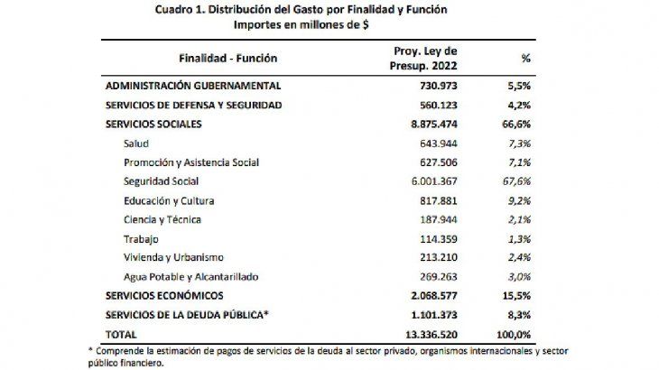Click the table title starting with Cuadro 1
(x=301, y=9)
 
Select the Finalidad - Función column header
(x=228, y=58)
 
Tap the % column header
(x=525, y=58)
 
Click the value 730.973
(x=439, y=86)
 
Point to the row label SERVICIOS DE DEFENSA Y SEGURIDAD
(x=194, y=105)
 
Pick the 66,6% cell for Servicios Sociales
(x=516, y=125)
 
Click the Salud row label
(x=136, y=143)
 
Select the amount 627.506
(x=439, y=162)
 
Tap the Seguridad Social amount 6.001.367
(x=434, y=181)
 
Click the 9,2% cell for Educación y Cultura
(x=519, y=200)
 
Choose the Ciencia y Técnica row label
(x=162, y=219)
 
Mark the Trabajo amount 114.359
(x=439, y=239)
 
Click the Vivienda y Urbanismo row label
(x=173, y=257)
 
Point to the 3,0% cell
(x=519, y=277)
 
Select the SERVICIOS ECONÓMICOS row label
(x=164, y=296)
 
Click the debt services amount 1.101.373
(x=434, y=315)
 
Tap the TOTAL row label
(x=121, y=335)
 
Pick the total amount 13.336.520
(x=432, y=335)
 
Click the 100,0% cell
(x=514, y=335)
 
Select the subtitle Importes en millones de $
(x=301, y=24)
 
